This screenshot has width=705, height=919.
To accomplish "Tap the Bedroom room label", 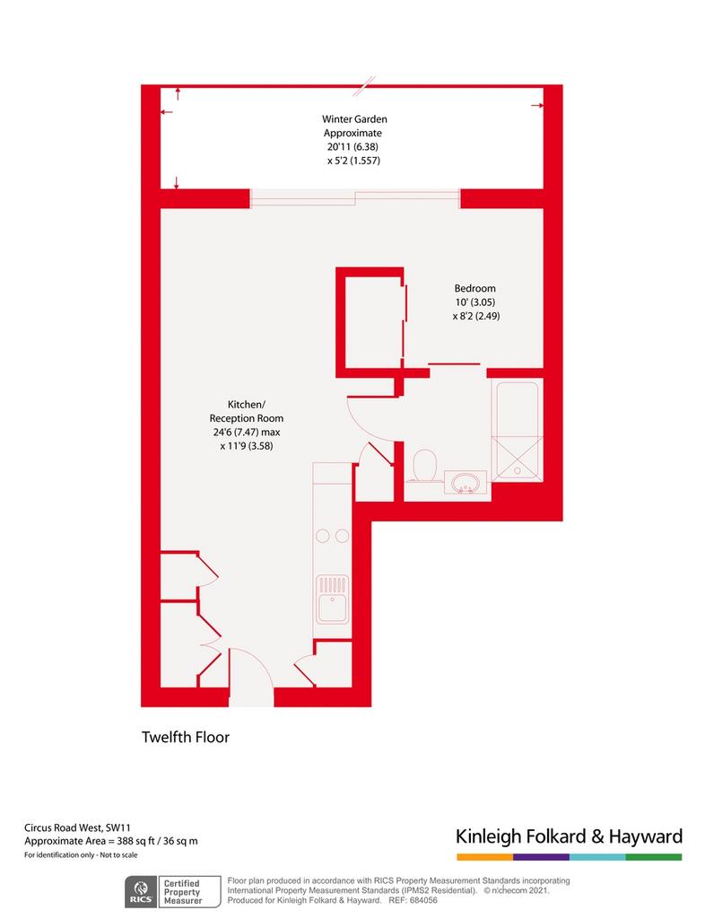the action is tap(474, 288).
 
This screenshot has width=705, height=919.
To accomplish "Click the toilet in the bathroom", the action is tap(425, 466).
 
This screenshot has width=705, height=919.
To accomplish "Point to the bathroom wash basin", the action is tap(466, 482).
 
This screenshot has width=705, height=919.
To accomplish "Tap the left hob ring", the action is tap(322, 536).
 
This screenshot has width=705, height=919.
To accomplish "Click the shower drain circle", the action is tap(518, 470).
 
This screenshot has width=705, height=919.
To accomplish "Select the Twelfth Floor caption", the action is tap(186, 738).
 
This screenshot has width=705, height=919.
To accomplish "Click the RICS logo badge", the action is tap(141, 891).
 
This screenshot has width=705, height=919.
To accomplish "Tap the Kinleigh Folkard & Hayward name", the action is tap(570, 836).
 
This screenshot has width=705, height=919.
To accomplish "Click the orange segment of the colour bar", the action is tap(485, 857).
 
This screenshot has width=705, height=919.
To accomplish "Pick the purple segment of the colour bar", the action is tap(541, 857).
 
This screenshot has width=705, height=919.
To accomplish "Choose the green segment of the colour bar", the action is tap(654, 857).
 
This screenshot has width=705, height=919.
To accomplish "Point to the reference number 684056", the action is tap(422, 899).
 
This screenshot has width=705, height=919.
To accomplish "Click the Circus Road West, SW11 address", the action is tap(77, 828).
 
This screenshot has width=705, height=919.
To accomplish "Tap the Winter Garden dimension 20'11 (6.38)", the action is tap(352, 147).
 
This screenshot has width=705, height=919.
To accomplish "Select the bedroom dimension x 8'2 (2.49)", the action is tap(476, 317).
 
